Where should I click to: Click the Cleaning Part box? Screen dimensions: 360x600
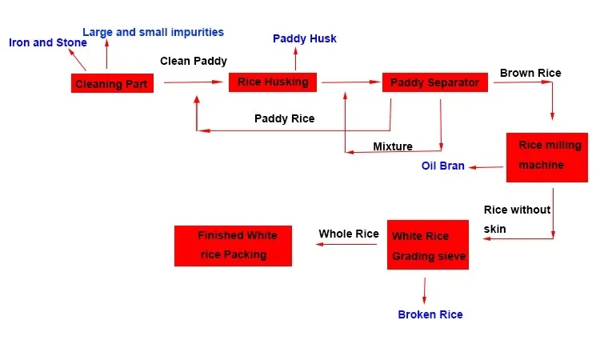111,83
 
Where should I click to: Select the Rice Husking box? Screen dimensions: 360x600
273,82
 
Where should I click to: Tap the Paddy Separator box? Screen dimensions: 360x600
434,82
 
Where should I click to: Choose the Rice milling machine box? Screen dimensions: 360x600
546,157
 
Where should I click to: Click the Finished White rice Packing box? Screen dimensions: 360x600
233,246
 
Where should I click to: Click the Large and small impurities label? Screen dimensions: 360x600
153,32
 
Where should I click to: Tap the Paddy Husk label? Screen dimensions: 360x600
304,38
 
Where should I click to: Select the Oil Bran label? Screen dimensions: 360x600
442,166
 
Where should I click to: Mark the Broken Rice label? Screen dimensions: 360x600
430,314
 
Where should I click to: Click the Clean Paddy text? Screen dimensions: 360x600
193,61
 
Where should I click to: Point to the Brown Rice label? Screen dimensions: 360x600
530,73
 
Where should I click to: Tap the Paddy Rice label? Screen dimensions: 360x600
284,118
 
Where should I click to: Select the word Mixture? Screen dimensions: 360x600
392,146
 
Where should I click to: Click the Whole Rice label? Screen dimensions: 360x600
348,234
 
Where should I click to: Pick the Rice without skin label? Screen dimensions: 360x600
517,219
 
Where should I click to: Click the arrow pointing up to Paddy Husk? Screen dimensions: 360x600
295,59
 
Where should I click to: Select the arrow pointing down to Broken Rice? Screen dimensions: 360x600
424,289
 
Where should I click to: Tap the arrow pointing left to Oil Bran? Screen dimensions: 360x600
486,167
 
